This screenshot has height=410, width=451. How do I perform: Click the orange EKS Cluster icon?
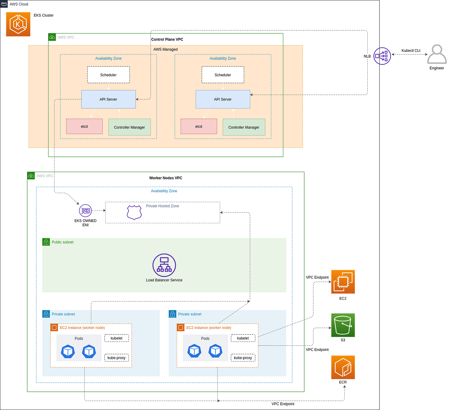point(18,24)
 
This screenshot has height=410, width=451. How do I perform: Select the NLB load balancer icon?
point(382,56)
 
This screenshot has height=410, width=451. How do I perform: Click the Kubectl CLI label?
point(411,51)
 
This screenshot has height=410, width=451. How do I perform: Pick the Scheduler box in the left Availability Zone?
point(108,75)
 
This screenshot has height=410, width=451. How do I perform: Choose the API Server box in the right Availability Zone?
point(223,99)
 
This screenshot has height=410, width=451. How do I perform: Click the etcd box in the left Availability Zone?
point(84,127)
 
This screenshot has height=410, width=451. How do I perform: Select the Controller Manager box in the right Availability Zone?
point(244,127)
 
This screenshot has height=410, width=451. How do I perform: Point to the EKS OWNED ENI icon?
point(85,211)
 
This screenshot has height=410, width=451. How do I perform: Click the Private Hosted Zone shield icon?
point(134,212)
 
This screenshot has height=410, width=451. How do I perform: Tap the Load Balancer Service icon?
point(164,265)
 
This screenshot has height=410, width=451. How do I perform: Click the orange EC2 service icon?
point(343,282)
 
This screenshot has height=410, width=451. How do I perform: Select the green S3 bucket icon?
point(343,325)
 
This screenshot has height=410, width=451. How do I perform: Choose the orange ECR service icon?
point(343,367)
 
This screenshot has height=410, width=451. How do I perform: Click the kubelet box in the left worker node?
point(117,338)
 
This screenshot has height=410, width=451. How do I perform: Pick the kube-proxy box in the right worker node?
point(243,358)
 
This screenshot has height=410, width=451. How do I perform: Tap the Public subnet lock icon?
point(46,242)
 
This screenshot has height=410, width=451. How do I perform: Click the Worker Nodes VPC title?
point(165,178)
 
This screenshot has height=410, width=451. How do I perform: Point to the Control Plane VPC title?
point(167,40)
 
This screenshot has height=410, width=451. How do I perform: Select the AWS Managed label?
point(165,50)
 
